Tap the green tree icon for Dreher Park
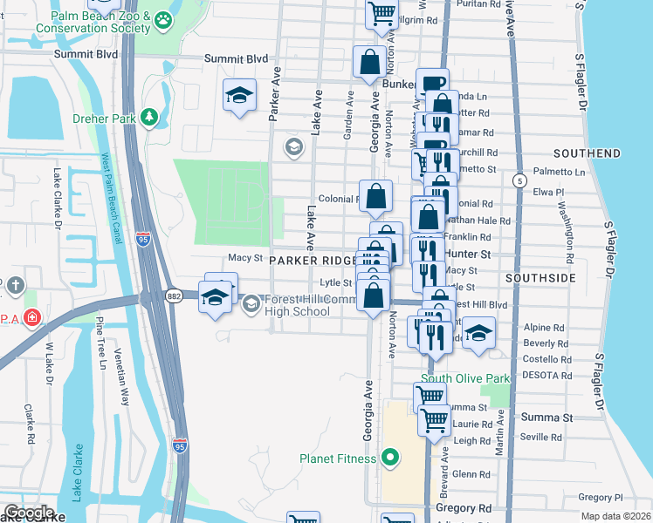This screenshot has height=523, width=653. (149, 116)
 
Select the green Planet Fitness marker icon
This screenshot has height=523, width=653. (390, 457)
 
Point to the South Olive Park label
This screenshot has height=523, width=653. (464, 379)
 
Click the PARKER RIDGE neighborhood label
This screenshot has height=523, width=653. (312, 261)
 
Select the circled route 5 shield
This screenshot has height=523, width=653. (520, 180)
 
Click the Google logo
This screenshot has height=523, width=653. (28, 513)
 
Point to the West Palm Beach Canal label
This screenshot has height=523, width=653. (109, 193)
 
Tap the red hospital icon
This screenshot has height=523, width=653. (32, 318)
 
